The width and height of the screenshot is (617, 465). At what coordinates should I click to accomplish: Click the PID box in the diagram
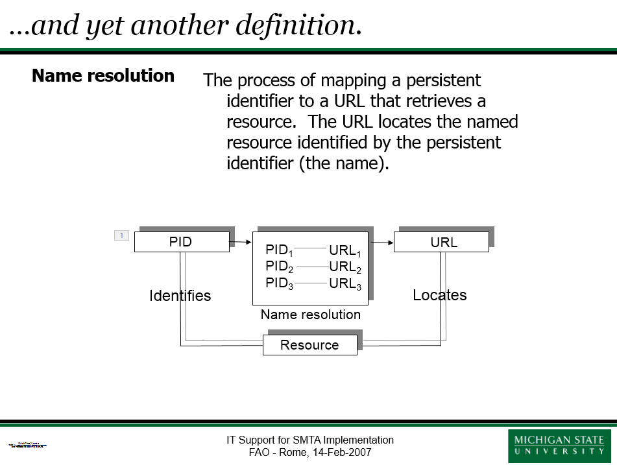181,242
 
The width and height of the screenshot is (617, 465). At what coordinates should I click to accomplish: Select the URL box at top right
443,242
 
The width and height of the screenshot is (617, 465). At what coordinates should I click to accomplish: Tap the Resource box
309,345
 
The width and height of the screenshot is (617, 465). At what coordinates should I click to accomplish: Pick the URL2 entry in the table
345,267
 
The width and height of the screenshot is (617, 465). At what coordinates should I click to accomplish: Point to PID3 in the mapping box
280,283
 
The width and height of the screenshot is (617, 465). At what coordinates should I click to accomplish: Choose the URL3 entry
345,284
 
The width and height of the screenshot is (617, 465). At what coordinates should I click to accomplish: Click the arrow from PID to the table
240,243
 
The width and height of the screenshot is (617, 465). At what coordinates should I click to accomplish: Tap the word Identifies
180,296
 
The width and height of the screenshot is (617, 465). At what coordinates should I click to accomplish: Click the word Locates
439,295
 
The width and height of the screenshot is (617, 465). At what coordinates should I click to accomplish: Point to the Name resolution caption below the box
310,315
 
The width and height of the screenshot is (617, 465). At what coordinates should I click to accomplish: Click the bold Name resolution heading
103,76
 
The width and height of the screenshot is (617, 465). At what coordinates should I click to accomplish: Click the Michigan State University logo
559,445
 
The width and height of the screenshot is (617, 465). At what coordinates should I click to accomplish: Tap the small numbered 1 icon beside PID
121,235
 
